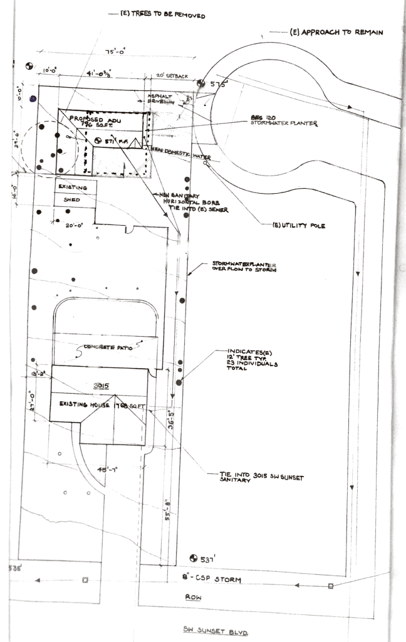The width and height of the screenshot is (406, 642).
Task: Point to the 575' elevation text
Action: [x=217, y=83]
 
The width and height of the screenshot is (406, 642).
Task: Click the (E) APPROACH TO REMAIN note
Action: [x=336, y=31]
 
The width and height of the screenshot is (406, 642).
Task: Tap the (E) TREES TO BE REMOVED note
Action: [x=165, y=15]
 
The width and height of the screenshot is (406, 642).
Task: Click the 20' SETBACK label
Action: [x=172, y=76]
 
